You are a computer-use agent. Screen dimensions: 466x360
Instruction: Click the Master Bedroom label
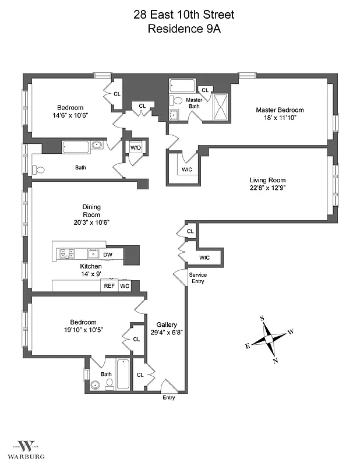tap(280, 110)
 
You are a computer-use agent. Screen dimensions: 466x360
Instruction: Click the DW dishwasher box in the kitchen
tap(108, 255)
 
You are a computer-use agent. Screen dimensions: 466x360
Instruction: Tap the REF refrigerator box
tap(109, 286)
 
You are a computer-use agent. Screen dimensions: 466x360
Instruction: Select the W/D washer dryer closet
tap(135, 148)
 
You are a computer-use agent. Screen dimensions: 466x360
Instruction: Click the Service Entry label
tap(197, 278)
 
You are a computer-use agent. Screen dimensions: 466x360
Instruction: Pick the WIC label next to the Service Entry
tap(204, 257)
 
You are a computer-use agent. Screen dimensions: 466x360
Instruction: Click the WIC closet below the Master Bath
tap(186, 170)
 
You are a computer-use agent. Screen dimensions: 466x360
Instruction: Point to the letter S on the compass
tap(262, 318)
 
